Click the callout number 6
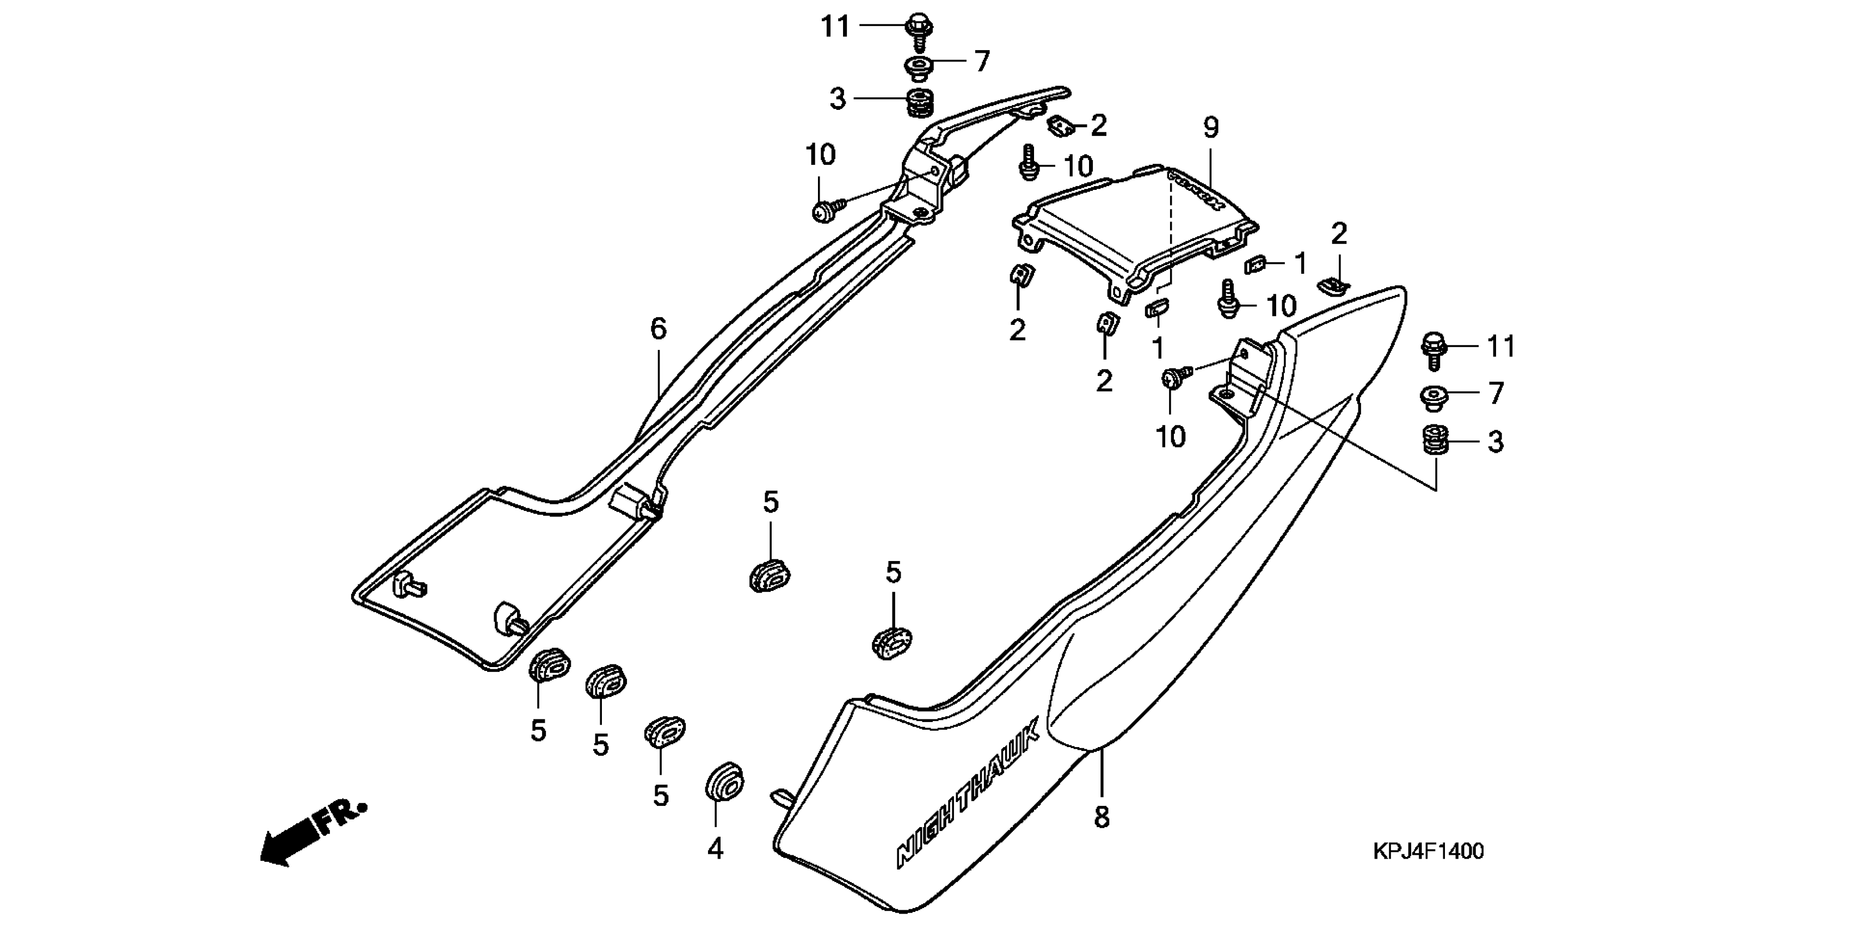[x=658, y=329]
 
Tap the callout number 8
[x=1102, y=817]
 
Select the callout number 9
[x=1211, y=128]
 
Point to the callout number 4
[x=715, y=849]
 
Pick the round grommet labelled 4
[x=723, y=782]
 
